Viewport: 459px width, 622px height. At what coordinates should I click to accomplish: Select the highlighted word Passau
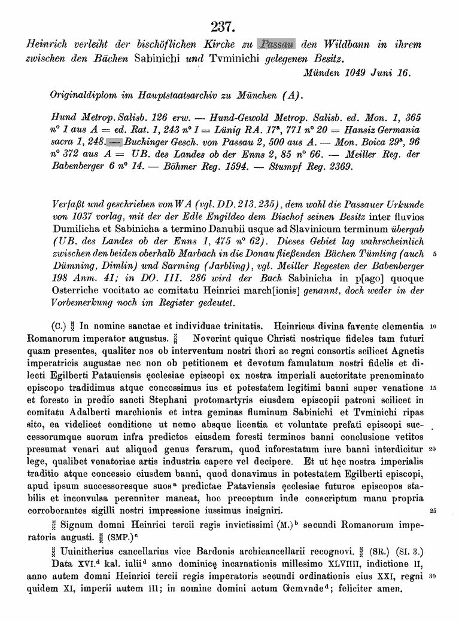coord(276,44)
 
